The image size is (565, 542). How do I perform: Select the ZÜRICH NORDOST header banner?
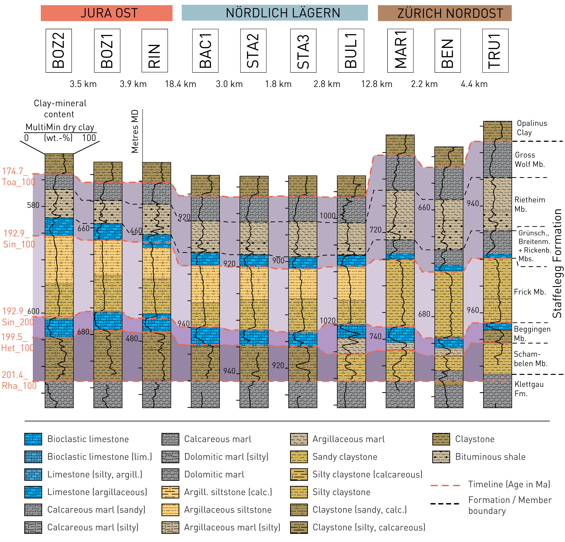(x=445, y=13)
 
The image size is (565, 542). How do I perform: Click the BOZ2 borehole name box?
(x=59, y=50)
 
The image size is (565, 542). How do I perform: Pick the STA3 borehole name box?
(x=303, y=50)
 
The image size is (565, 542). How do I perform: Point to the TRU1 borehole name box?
(x=495, y=50)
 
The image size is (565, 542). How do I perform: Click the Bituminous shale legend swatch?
(x=441, y=457)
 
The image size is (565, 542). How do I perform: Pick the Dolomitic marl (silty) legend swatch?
(x=170, y=457)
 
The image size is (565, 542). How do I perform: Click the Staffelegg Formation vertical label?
(x=557, y=263)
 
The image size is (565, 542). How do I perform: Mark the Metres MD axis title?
(x=135, y=131)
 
